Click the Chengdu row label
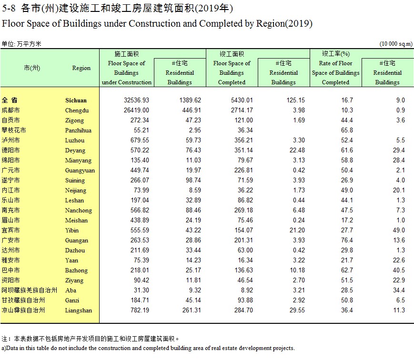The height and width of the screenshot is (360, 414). (x=77, y=110)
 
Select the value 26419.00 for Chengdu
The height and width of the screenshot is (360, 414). (x=136, y=110)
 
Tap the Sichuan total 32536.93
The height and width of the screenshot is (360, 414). (x=136, y=100)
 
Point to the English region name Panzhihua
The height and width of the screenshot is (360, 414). (x=78, y=130)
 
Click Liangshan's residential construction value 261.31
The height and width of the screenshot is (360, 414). (x=192, y=310)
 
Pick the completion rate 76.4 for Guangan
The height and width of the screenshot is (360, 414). (x=347, y=240)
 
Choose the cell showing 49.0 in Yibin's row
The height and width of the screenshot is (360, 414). (x=399, y=230)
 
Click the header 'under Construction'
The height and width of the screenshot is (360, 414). (x=127, y=82)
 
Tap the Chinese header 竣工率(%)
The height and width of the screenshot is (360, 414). (x=335, y=54)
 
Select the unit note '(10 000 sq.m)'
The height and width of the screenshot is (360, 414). (x=396, y=44)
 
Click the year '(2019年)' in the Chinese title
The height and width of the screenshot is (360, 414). (x=214, y=9)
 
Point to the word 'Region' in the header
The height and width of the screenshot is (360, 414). (x=81, y=68)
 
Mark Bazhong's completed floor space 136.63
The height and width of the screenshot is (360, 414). (x=243, y=270)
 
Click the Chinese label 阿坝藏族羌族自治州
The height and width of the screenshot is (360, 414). (x=30, y=290)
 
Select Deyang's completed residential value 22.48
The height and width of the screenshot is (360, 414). (x=297, y=150)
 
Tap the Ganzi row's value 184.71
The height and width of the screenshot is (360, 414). (x=140, y=300)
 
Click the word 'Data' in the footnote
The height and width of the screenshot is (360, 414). (x=12, y=348)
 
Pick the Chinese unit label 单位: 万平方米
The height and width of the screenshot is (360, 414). (x=21, y=44)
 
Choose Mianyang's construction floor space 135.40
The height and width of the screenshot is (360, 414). (x=140, y=160)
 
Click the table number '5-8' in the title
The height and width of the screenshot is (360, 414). (x=9, y=9)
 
